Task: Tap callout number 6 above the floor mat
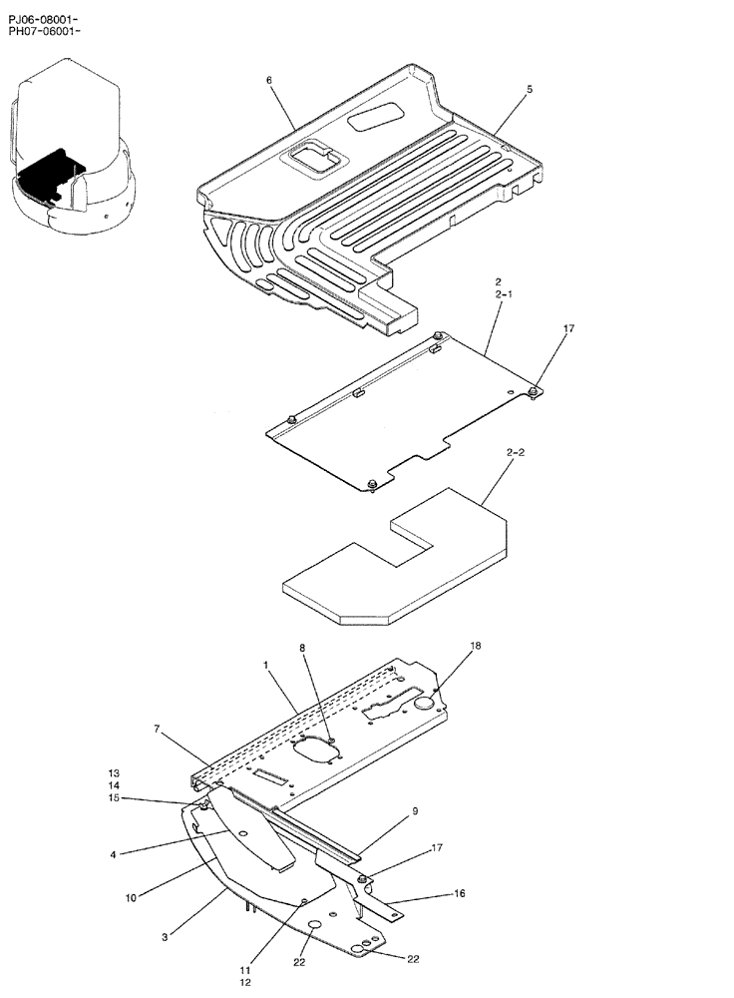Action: click(269, 80)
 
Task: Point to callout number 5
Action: click(529, 89)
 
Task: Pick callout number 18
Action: click(476, 646)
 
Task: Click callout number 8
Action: click(304, 648)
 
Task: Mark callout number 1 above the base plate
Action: click(266, 664)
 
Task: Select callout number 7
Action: click(157, 731)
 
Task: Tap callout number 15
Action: click(115, 797)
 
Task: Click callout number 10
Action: click(132, 898)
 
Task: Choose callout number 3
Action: click(165, 936)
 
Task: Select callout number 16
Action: click(459, 893)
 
